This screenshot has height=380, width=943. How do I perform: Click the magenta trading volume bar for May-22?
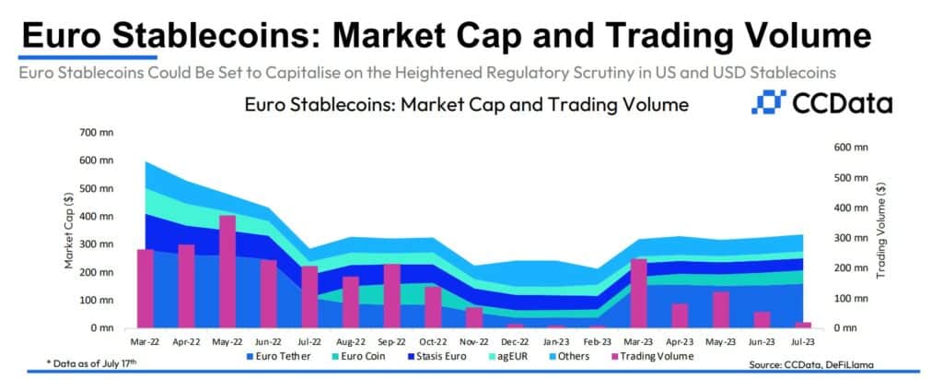click(227, 271)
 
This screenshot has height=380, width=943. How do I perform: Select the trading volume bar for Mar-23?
click(639, 293)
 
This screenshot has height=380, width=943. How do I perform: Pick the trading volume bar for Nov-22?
click(474, 317)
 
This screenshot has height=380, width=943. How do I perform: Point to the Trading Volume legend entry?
click(652, 356)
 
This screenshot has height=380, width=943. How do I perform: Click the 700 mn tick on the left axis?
click(98, 133)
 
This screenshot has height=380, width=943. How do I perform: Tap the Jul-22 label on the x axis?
click(309, 341)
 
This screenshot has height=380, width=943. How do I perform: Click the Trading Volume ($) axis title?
click(881, 230)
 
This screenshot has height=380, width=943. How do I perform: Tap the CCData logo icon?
click(769, 102)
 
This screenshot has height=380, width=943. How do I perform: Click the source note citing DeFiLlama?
click(811, 364)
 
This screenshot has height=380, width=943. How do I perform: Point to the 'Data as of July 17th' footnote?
click(92, 362)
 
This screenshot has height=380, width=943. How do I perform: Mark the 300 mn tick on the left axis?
click(98, 244)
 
